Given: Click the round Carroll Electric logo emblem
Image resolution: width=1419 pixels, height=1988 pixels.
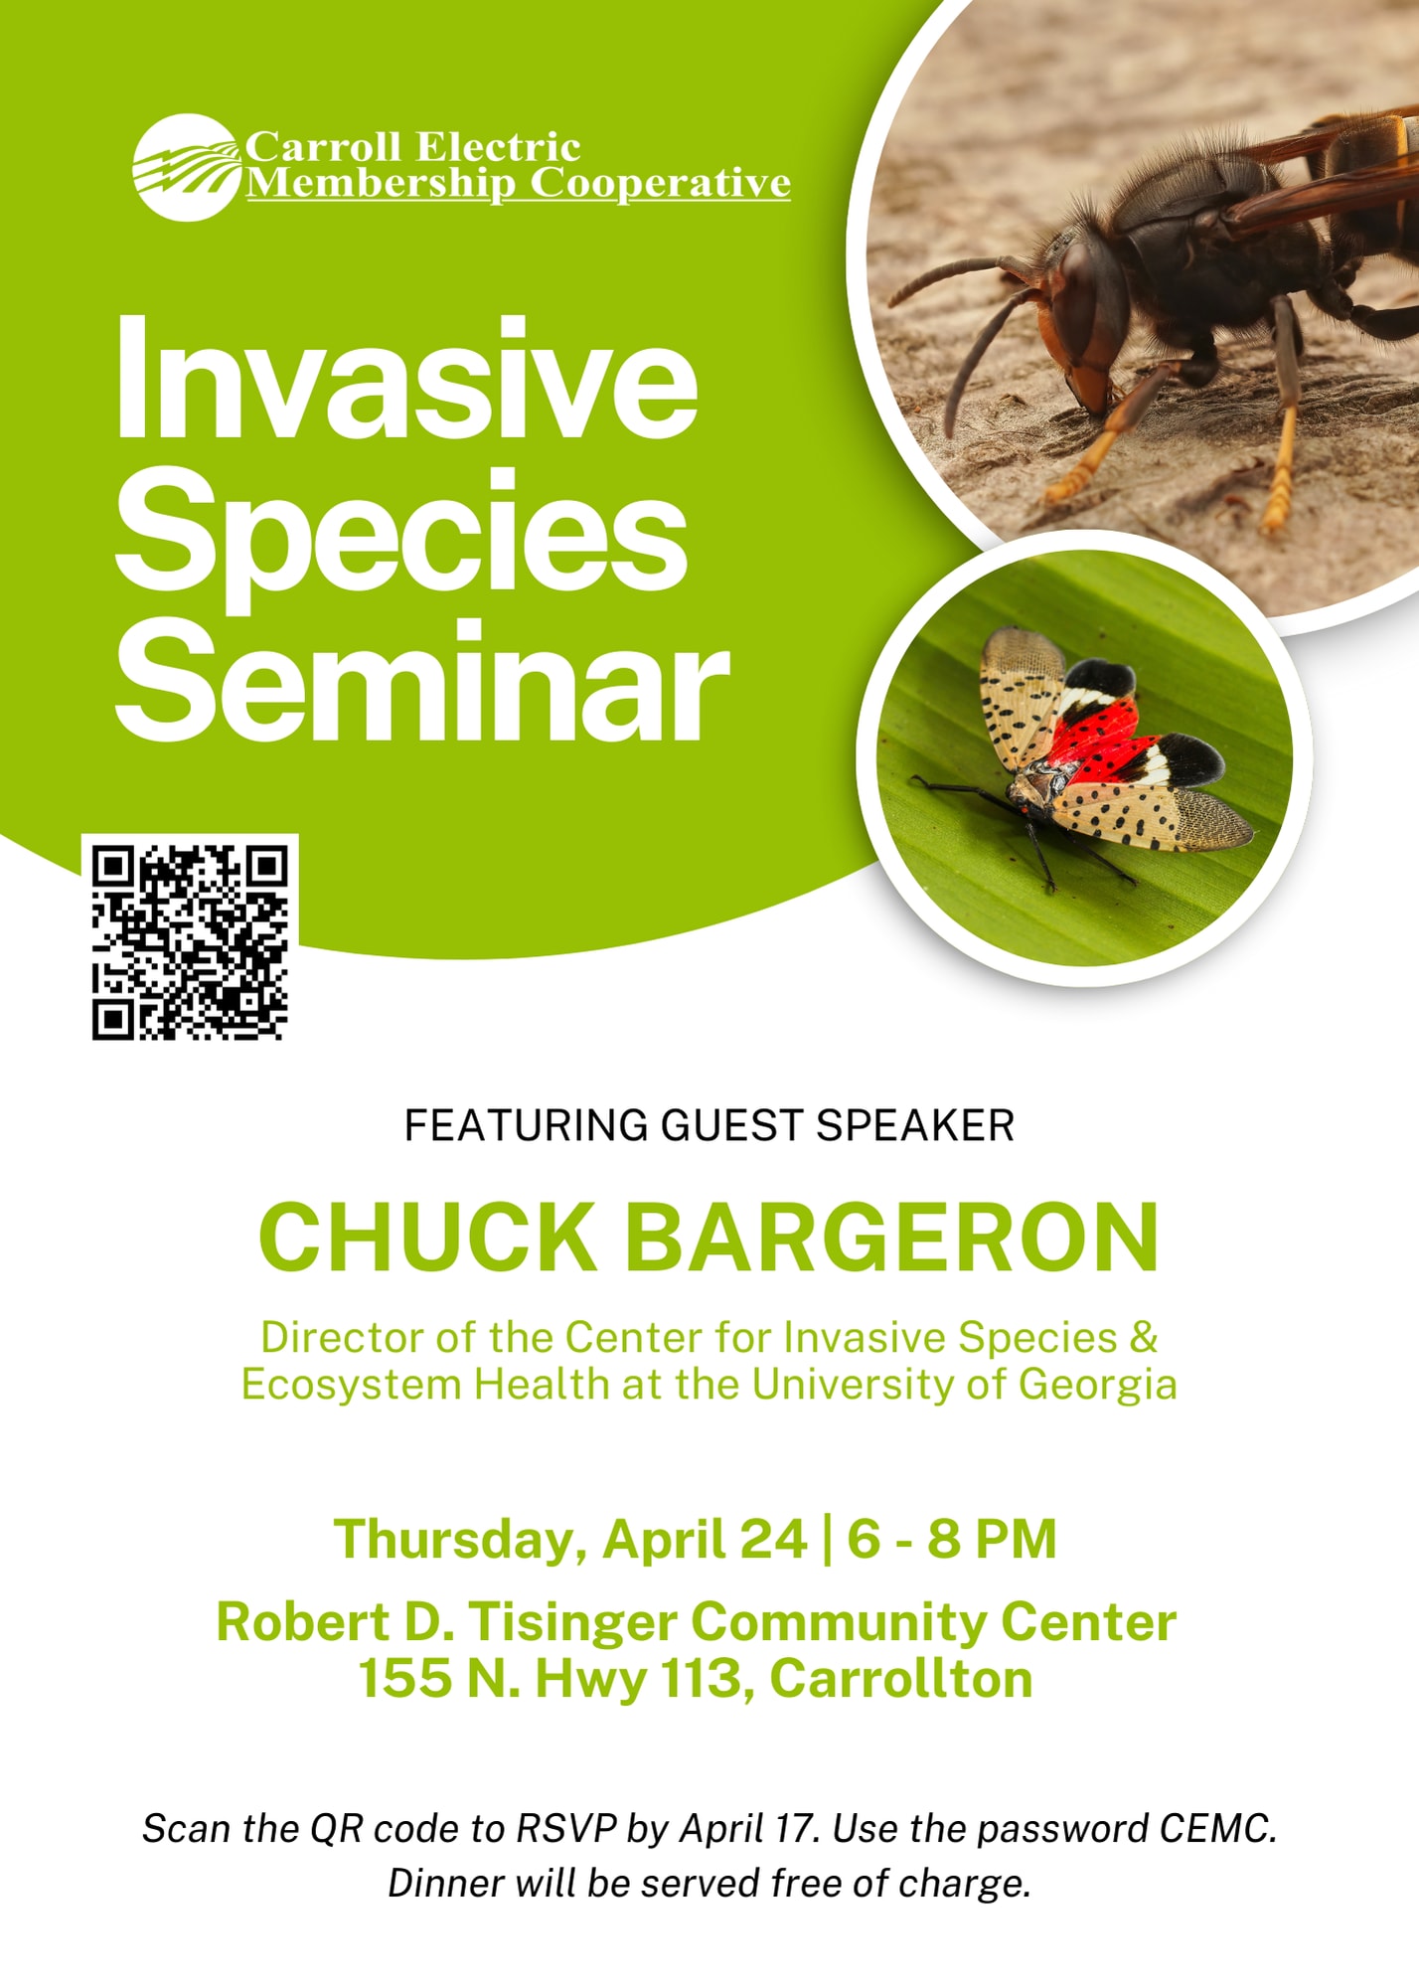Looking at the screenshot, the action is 188,167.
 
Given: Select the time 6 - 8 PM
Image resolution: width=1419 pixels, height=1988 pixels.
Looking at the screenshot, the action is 951,1539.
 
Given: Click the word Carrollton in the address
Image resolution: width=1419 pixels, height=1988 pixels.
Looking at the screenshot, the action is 900,1679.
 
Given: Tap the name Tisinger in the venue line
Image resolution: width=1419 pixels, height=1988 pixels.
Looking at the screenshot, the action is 571,1624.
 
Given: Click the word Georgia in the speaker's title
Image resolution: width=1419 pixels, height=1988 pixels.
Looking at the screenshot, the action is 1098,1387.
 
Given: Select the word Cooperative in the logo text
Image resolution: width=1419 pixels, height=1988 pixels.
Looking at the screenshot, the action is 660,184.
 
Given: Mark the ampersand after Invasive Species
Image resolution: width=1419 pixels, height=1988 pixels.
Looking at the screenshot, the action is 1144,1338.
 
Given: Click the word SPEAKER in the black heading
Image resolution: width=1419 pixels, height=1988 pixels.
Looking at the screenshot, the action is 915,1126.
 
